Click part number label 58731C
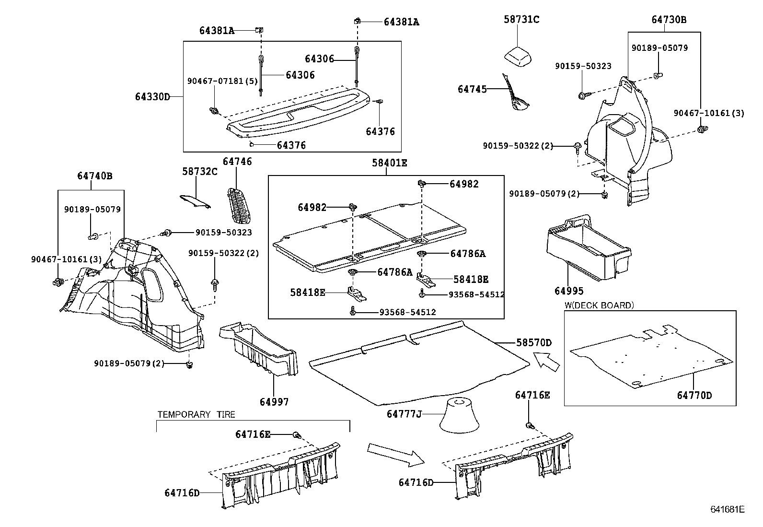[x=521, y=20]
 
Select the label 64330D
[x=152, y=97]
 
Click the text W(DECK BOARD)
[x=599, y=305]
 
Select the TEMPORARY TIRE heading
[x=197, y=414]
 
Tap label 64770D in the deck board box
[x=694, y=395]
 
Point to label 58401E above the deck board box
[x=389, y=163]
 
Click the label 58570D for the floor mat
[x=534, y=342]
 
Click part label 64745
[x=472, y=89]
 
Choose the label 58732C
[x=200, y=171]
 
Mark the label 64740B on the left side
[x=94, y=176]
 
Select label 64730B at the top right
[x=669, y=20]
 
